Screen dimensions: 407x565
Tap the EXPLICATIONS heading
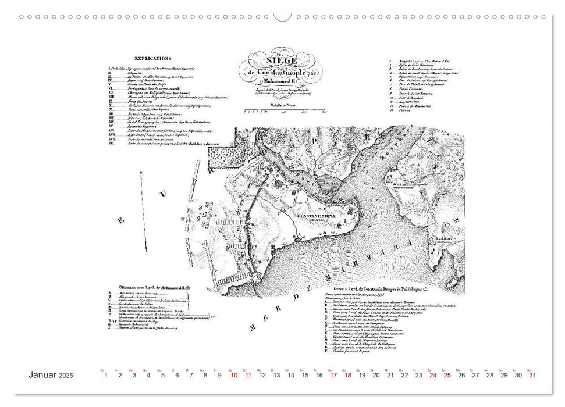153,59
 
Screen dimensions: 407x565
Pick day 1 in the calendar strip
106,376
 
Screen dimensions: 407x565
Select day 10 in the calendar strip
233,376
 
